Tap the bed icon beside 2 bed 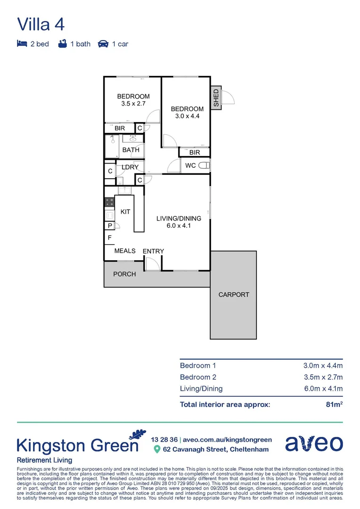pyautogui.click(x=22, y=44)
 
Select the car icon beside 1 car pyautogui.click(x=103, y=44)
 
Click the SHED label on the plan pyautogui.click(x=216, y=98)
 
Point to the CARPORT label pyautogui.click(x=233, y=295)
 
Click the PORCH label pyautogui.click(x=124, y=274)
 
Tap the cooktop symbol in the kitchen pyautogui.click(x=109, y=202)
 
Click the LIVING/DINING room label pyautogui.click(x=179, y=218)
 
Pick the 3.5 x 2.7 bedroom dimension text pyautogui.click(x=133, y=104)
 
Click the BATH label pyautogui.click(x=131, y=150)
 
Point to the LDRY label pyautogui.click(x=130, y=167)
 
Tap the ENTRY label pyautogui.click(x=153, y=251)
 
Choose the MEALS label pyautogui.click(x=125, y=251)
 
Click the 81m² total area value pyautogui.click(x=334, y=404)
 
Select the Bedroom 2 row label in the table pyautogui.click(x=198, y=377)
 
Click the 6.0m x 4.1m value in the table pyautogui.click(x=323, y=389)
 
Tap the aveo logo pyautogui.click(x=314, y=443)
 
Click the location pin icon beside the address pyautogui.click(x=157, y=450)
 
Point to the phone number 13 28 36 pyautogui.click(x=164, y=439)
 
